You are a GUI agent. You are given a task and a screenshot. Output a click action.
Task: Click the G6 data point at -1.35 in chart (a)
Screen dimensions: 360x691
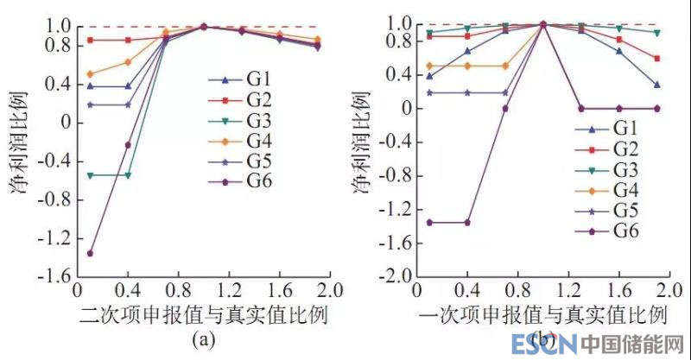pos(90,253)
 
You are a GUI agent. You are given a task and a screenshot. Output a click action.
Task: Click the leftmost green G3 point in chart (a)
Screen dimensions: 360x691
pos(90,175)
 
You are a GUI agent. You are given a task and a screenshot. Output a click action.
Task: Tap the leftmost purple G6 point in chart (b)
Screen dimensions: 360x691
pos(430,222)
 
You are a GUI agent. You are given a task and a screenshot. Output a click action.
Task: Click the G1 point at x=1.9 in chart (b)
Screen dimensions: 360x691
pos(657,85)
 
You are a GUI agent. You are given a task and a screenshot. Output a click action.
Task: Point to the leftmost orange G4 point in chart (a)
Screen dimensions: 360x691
pos(90,74)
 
